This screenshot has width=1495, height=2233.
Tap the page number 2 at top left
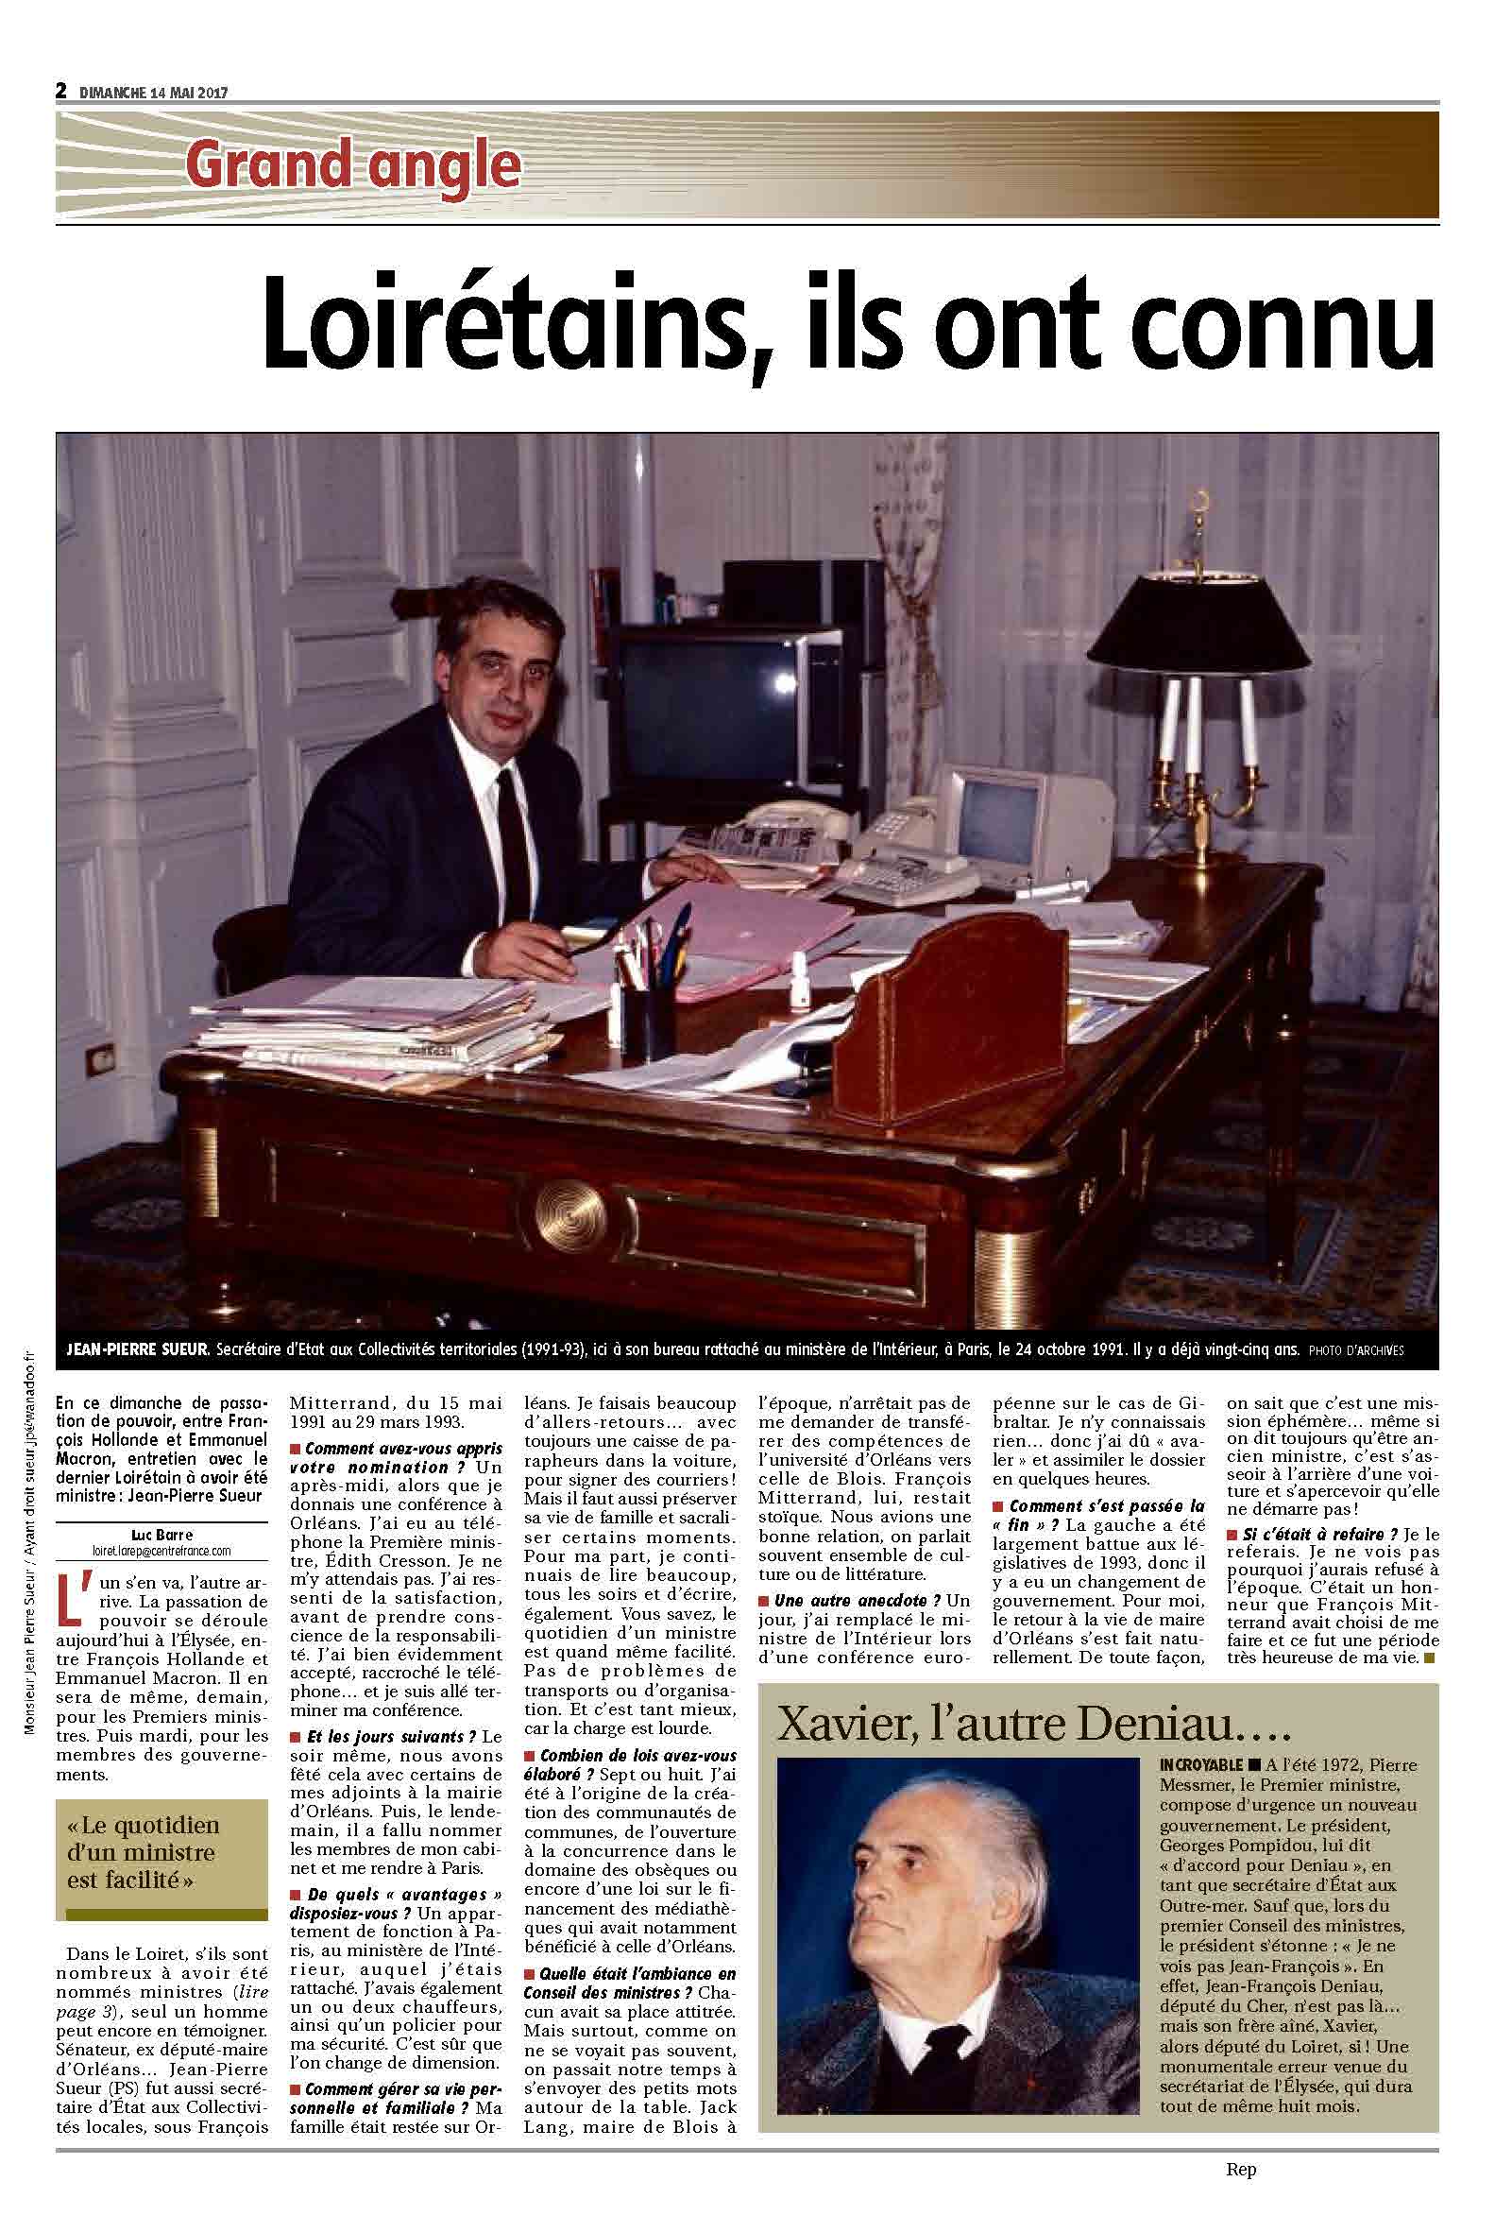(x=61, y=92)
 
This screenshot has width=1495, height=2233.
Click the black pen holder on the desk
(x=649, y=1024)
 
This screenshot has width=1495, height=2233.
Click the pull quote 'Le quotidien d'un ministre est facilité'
(x=143, y=1852)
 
